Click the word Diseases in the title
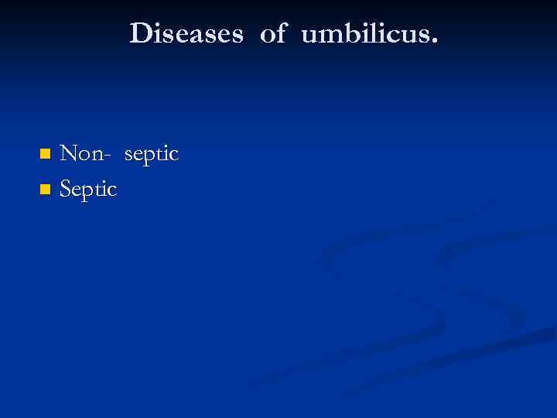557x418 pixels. (x=186, y=33)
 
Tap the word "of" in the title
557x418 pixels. (x=273, y=33)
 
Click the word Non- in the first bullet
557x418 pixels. (x=86, y=154)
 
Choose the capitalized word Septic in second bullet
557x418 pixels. (x=88, y=190)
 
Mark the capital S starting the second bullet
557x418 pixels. (x=66, y=189)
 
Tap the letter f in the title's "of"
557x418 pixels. (x=281, y=33)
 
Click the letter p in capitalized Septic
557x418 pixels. (x=86, y=192)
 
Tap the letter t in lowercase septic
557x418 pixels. (x=160, y=155)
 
